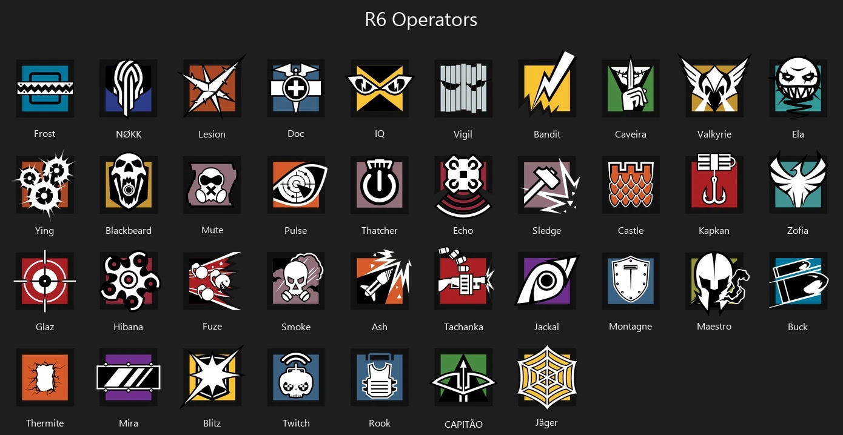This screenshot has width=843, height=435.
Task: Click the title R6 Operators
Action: tap(421, 19)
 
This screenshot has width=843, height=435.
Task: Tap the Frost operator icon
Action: tap(45, 88)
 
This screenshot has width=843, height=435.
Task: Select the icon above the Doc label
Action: tap(296, 88)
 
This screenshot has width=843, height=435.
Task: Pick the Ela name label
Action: tap(798, 134)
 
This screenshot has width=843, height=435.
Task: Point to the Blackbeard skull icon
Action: tap(129, 184)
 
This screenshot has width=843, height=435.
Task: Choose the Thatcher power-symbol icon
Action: tap(380, 184)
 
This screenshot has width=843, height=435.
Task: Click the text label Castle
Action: tap(631, 230)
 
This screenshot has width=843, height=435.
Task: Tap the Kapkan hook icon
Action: tap(714, 184)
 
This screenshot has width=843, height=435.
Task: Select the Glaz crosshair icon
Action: tap(45, 281)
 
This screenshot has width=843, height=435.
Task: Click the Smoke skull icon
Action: tap(296, 281)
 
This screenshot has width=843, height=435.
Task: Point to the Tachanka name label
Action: tap(463, 327)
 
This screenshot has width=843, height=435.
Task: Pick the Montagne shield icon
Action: tap(631, 281)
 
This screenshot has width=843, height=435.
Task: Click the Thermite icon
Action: tap(45, 377)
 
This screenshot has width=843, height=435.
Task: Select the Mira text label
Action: tap(129, 423)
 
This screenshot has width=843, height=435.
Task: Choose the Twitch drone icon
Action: tap(296, 377)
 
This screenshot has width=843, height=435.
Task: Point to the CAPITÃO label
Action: tap(463, 424)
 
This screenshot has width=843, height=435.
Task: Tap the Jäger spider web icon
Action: tap(547, 377)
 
